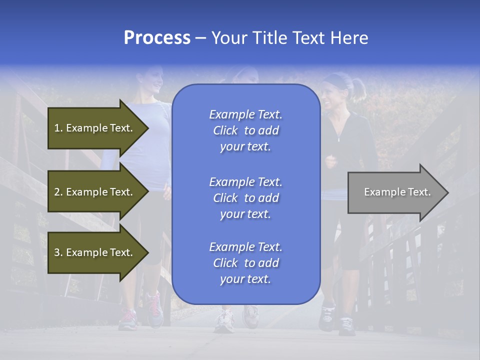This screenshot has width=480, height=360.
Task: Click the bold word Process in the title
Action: click(x=157, y=38)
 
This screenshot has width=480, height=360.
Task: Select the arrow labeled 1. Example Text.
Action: click(x=95, y=128)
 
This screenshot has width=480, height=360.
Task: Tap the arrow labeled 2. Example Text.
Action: click(x=95, y=192)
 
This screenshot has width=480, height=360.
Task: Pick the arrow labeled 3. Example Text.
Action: click(x=95, y=252)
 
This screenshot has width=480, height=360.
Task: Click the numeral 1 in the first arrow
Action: click(x=57, y=128)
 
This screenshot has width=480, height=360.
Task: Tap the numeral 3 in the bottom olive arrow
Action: click(x=57, y=252)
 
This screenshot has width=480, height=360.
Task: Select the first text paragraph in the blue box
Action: click(x=245, y=130)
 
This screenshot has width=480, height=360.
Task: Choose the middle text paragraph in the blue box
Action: click(x=245, y=198)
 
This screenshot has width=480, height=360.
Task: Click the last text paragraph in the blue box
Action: click(x=245, y=263)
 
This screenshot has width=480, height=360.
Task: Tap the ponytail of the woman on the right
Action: click(x=358, y=88)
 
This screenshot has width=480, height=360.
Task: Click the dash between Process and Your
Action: click(x=201, y=38)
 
